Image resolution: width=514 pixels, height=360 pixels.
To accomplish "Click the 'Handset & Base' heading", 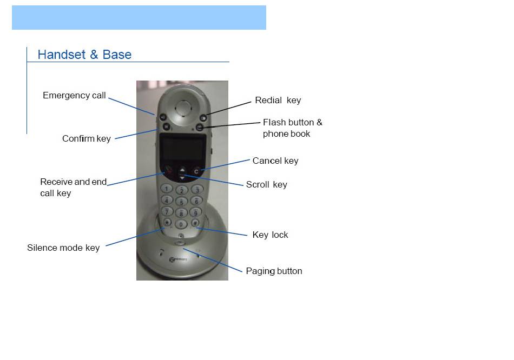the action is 84,55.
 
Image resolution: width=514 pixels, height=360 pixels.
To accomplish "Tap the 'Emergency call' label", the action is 75,95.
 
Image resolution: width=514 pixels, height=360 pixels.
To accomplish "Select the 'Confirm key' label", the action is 87,138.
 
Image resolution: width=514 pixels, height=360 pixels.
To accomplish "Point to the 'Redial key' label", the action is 278,100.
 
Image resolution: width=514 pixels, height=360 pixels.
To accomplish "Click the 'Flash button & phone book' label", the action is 292,128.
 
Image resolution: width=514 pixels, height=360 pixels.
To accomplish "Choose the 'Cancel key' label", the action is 275,161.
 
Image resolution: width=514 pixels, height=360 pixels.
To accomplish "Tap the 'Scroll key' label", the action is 267,185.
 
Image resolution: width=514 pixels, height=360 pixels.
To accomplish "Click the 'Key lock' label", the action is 270,235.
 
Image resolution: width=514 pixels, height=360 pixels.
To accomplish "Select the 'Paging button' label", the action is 274,271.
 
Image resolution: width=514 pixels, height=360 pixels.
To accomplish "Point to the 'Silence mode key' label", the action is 63,248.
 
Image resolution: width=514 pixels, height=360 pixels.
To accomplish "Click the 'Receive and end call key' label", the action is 74,188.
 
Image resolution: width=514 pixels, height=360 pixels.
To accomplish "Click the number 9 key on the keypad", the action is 195,212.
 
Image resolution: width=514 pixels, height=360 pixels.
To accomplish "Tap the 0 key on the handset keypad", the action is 181,224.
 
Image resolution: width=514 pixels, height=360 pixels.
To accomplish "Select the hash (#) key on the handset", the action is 195,223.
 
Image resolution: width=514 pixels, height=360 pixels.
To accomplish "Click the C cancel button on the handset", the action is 196,171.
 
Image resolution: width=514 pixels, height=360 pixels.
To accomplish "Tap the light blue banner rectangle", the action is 139,18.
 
